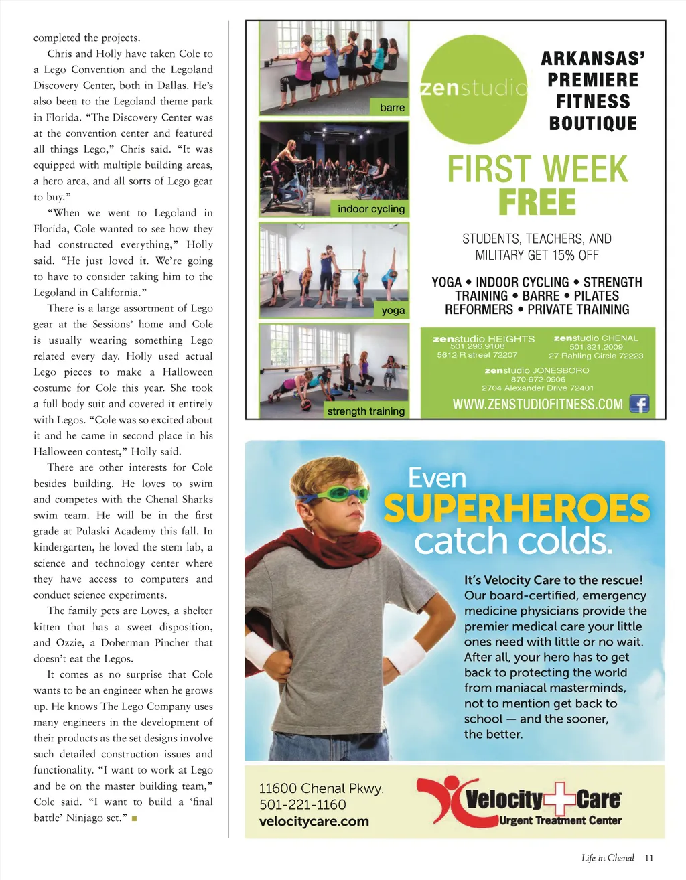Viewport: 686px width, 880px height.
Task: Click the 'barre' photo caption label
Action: point(392,107)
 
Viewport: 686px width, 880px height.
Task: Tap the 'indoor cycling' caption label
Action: point(370,209)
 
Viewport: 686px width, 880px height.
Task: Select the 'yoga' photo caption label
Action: point(393,310)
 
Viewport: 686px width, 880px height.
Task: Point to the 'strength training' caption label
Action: point(366,411)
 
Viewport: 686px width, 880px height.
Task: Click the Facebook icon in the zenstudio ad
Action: point(639,404)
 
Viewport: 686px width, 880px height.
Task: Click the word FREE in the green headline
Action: point(537,202)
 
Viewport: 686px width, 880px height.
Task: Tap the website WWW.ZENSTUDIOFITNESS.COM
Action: point(537,405)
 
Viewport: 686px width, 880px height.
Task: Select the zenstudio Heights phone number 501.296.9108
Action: point(477,346)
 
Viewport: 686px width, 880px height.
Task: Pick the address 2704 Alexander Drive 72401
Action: point(537,388)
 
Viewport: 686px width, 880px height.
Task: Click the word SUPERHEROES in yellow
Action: point(517,509)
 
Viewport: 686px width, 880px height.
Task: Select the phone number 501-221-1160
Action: point(302,804)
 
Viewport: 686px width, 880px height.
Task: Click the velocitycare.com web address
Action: point(314,821)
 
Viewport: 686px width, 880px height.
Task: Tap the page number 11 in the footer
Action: point(648,858)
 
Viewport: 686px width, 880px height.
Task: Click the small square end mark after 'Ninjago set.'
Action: point(134,818)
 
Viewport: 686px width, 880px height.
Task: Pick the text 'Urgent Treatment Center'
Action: point(560,820)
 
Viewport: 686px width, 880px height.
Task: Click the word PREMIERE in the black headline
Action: point(593,80)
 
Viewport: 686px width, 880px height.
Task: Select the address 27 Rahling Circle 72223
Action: point(596,356)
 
